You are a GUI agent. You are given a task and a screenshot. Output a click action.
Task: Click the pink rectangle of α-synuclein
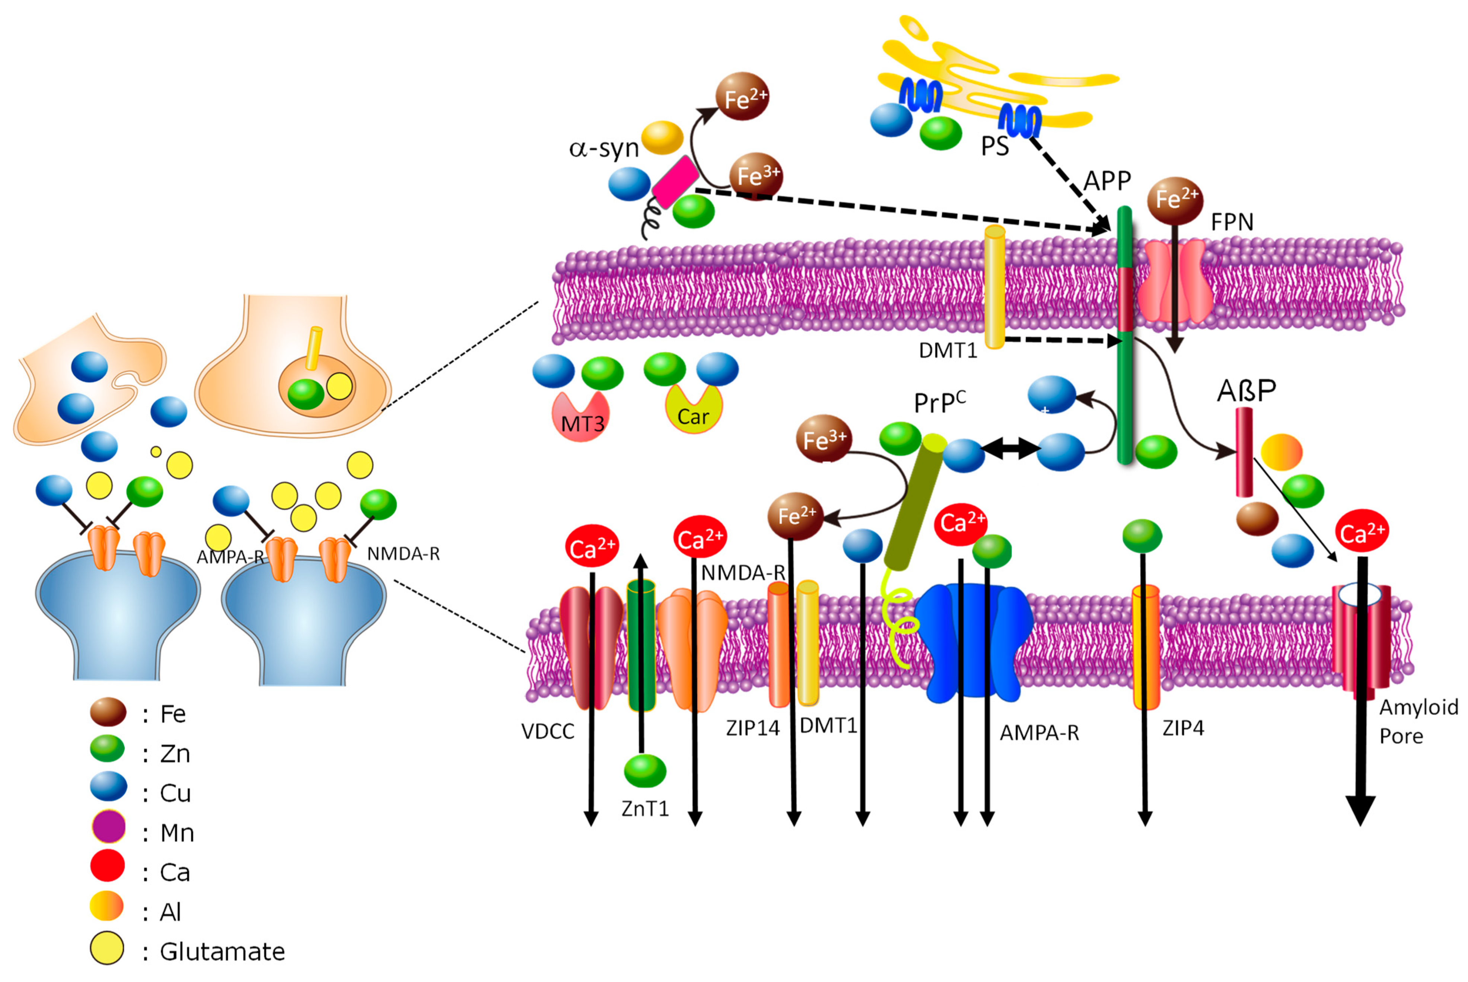(x=675, y=182)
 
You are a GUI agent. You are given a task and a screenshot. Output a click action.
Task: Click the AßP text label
(x=1246, y=391)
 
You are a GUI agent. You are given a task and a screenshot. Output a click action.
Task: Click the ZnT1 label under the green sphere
(x=645, y=808)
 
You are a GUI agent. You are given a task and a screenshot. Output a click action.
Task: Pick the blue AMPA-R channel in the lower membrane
(x=972, y=642)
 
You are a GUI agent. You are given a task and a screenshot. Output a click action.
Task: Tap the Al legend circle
(x=107, y=906)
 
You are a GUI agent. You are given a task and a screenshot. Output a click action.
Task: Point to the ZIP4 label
(x=1183, y=728)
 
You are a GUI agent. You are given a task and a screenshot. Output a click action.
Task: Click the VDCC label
(x=548, y=731)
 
